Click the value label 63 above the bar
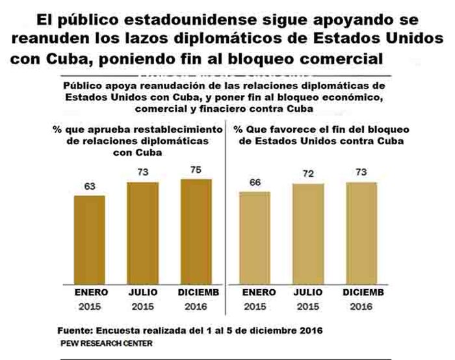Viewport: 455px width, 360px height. pyautogui.click(x=90, y=186)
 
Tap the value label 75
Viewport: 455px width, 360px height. pyautogui.click(x=196, y=170)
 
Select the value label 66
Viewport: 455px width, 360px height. pyautogui.click(x=255, y=183)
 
